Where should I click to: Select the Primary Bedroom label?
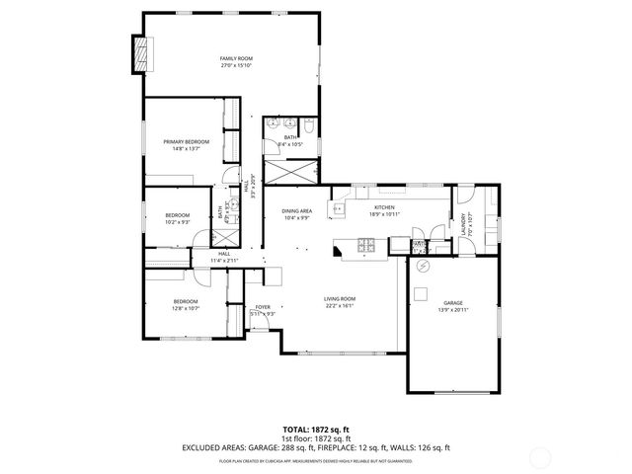point(187,145)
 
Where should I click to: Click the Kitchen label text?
point(383,209)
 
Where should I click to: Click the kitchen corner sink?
point(340,208)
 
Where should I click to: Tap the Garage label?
point(453,306)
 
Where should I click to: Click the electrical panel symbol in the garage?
point(425,266)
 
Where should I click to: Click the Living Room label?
point(340,302)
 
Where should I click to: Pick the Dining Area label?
point(297,213)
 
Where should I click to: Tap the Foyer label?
point(263,310)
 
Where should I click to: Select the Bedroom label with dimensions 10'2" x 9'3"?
point(178,217)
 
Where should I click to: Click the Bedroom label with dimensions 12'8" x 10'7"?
point(187,304)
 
